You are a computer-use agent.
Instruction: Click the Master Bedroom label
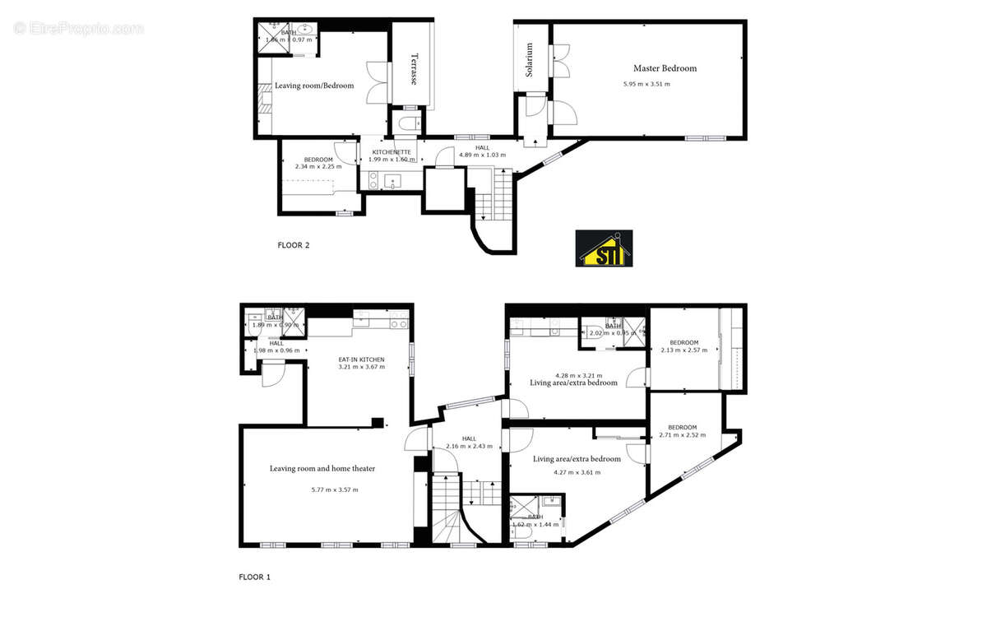click(665, 68)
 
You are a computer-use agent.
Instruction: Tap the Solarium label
click(531, 60)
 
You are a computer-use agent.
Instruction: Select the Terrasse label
click(414, 69)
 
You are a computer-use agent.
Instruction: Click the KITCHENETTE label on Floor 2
click(392, 152)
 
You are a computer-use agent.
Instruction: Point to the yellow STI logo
click(604, 248)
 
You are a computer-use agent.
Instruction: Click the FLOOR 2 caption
click(293, 244)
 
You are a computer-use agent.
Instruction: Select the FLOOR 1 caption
click(254, 577)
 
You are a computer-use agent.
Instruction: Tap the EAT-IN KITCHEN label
click(362, 360)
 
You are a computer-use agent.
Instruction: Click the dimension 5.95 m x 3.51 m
click(646, 84)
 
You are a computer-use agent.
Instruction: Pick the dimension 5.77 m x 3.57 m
click(335, 489)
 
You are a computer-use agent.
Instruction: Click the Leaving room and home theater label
click(322, 468)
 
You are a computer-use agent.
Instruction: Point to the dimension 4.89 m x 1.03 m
click(482, 155)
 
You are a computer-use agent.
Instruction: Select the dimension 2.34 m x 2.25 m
click(318, 166)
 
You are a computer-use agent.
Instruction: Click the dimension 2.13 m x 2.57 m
click(683, 350)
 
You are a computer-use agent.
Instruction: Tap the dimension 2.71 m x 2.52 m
click(683, 435)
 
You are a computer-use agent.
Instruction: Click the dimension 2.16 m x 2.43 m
click(469, 446)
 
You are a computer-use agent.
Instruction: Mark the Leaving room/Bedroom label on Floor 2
click(314, 86)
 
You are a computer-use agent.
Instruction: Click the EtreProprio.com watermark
click(78, 28)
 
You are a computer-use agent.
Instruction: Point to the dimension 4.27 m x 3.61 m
click(577, 472)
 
